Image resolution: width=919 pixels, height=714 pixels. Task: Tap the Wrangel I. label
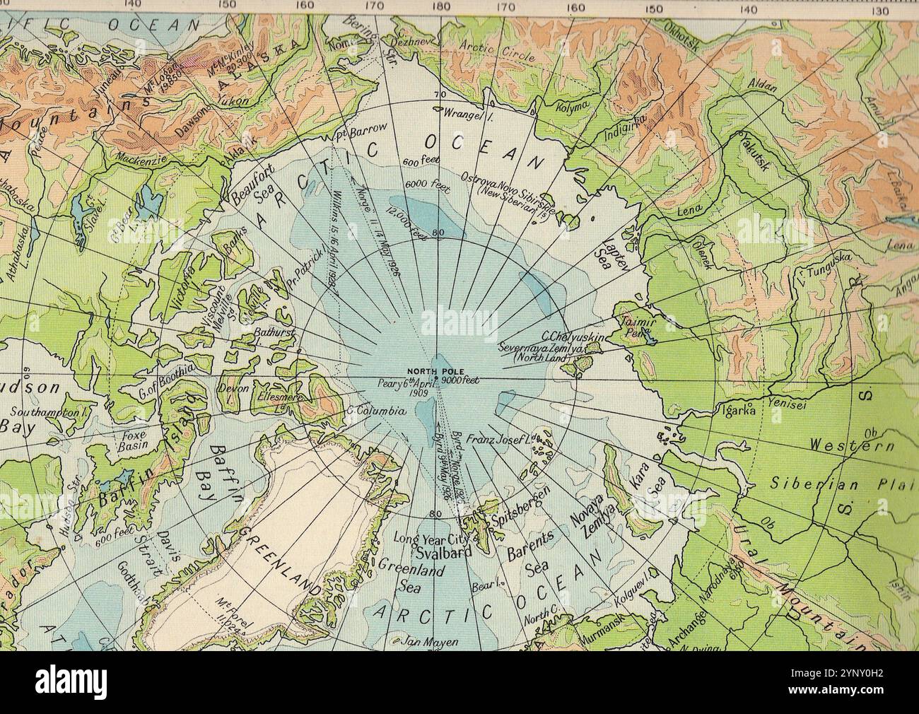pos(463,112)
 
